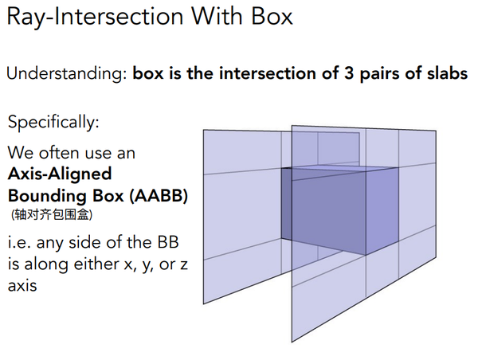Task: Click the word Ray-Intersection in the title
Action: (95, 17)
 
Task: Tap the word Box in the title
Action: (272, 16)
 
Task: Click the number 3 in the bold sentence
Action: (349, 73)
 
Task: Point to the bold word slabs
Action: (447, 73)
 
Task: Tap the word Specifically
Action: (53, 123)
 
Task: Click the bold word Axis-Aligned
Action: (60, 174)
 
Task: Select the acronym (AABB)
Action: (159, 196)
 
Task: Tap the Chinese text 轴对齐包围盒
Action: (52, 214)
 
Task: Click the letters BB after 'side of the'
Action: (168, 243)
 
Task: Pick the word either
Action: (96, 264)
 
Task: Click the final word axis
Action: (22, 286)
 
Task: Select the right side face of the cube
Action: (382, 210)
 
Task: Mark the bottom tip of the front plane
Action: (292, 342)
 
